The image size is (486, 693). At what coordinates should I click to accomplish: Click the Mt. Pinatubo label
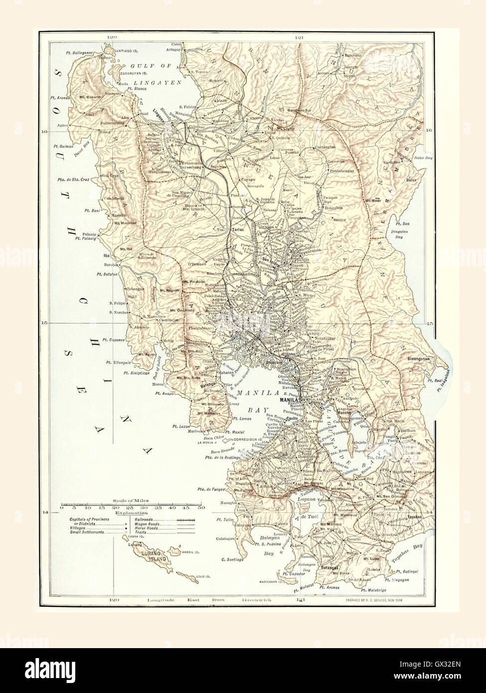point(194,282)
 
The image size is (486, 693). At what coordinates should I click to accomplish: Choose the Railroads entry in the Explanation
point(144,519)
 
